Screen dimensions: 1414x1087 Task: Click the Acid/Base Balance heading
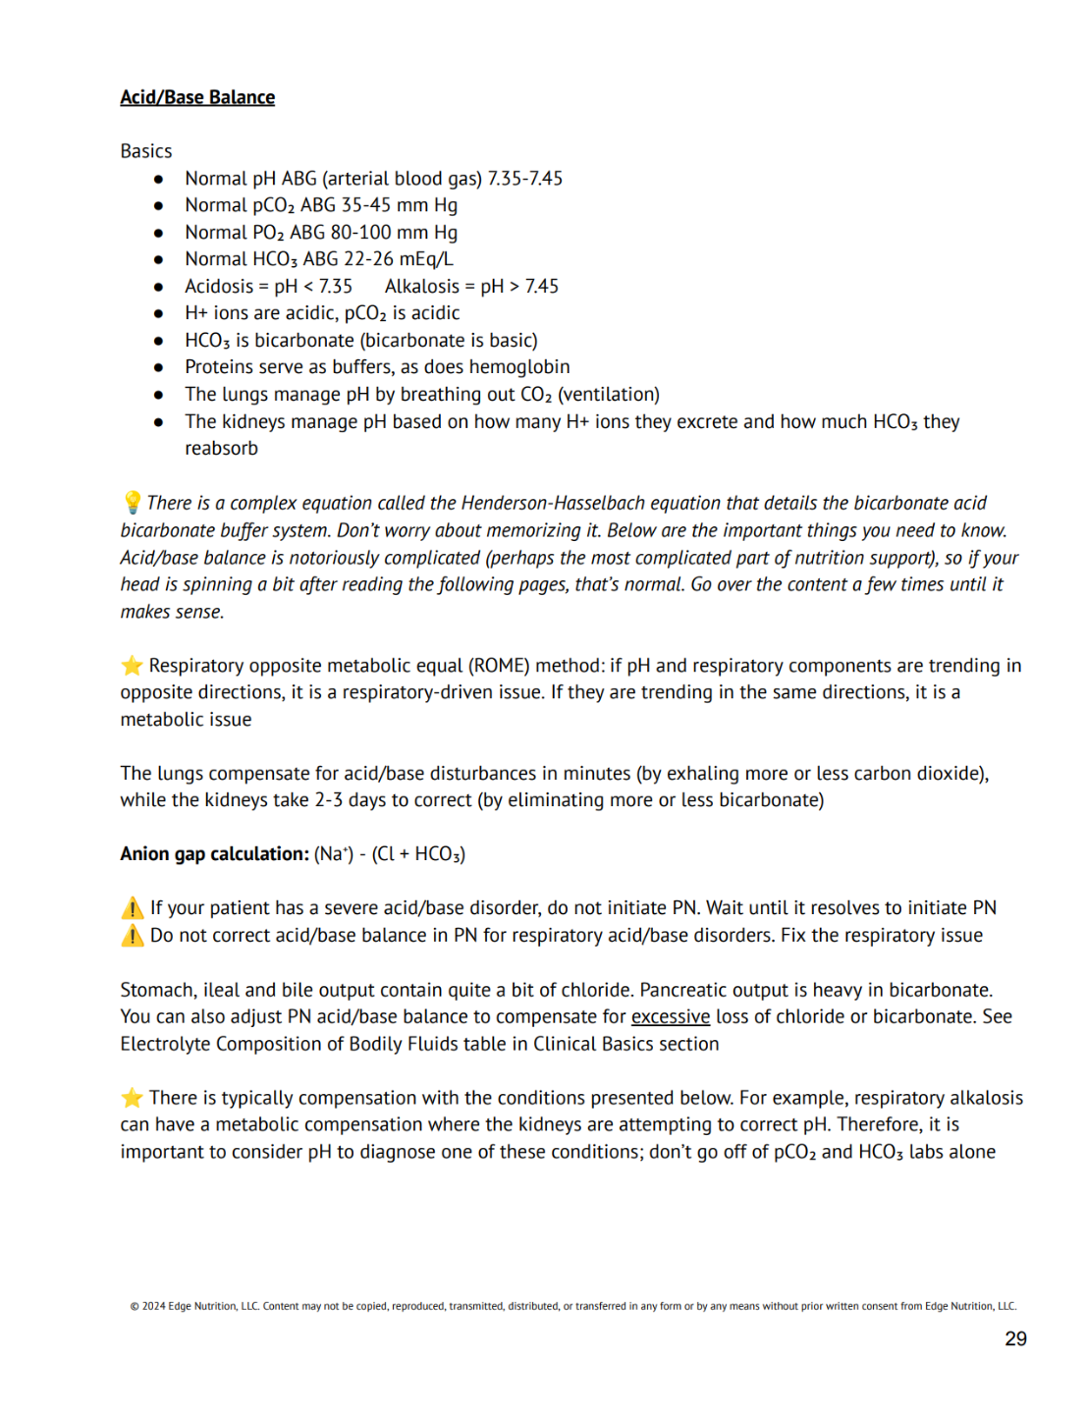tap(197, 97)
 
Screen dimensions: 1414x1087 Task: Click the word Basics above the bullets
tap(146, 151)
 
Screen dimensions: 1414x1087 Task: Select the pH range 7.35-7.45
tap(525, 179)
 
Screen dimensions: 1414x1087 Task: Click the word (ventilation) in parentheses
tap(609, 395)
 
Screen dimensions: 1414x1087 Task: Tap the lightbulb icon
tap(133, 503)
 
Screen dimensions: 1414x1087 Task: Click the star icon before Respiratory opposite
tap(132, 666)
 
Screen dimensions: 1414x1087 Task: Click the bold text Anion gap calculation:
tap(214, 854)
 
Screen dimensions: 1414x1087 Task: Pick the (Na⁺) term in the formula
tap(334, 854)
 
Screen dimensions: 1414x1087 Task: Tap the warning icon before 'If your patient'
tap(133, 908)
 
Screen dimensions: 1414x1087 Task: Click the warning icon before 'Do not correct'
tap(133, 936)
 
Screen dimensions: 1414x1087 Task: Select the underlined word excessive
tap(670, 1017)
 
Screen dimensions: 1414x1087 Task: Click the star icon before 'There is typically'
tap(132, 1098)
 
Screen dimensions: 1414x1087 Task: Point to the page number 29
tap(1015, 1339)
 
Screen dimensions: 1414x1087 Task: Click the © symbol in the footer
tap(135, 1307)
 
